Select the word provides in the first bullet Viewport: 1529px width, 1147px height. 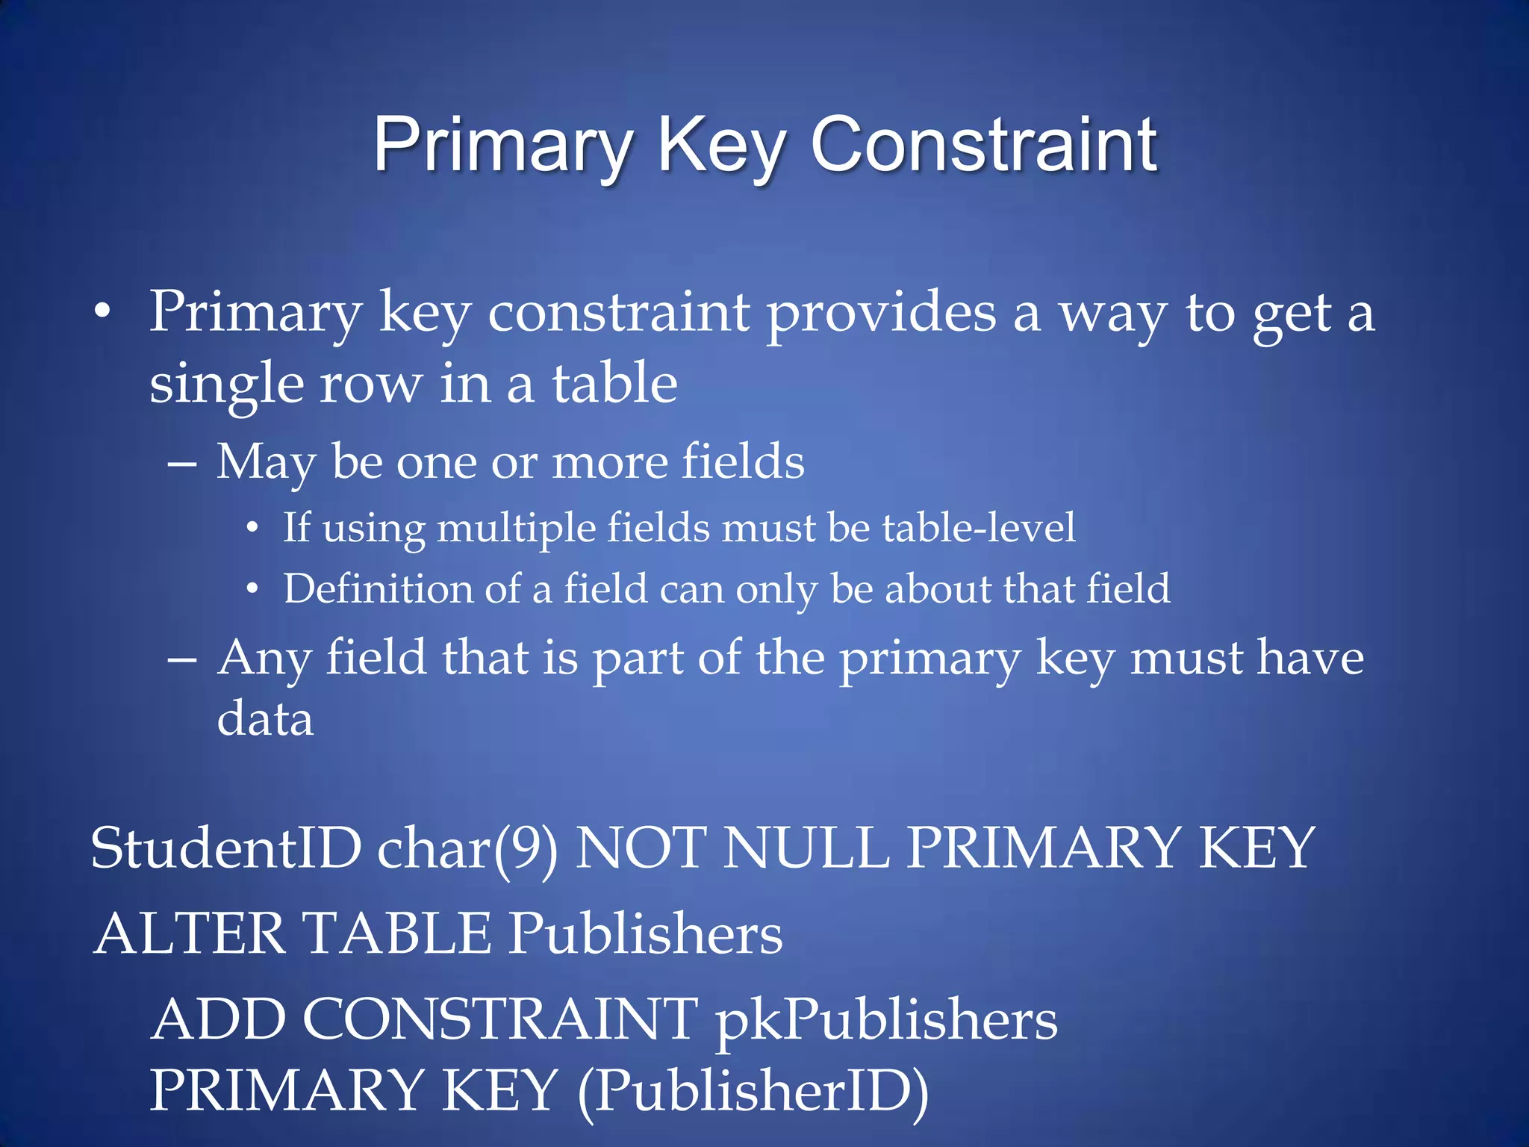coord(881,314)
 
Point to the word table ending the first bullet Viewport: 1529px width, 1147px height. coord(614,384)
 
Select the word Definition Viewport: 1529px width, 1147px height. coord(378,589)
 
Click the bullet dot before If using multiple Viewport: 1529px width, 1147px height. coord(253,529)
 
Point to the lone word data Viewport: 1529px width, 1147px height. coord(265,720)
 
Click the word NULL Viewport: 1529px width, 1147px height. coord(807,849)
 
